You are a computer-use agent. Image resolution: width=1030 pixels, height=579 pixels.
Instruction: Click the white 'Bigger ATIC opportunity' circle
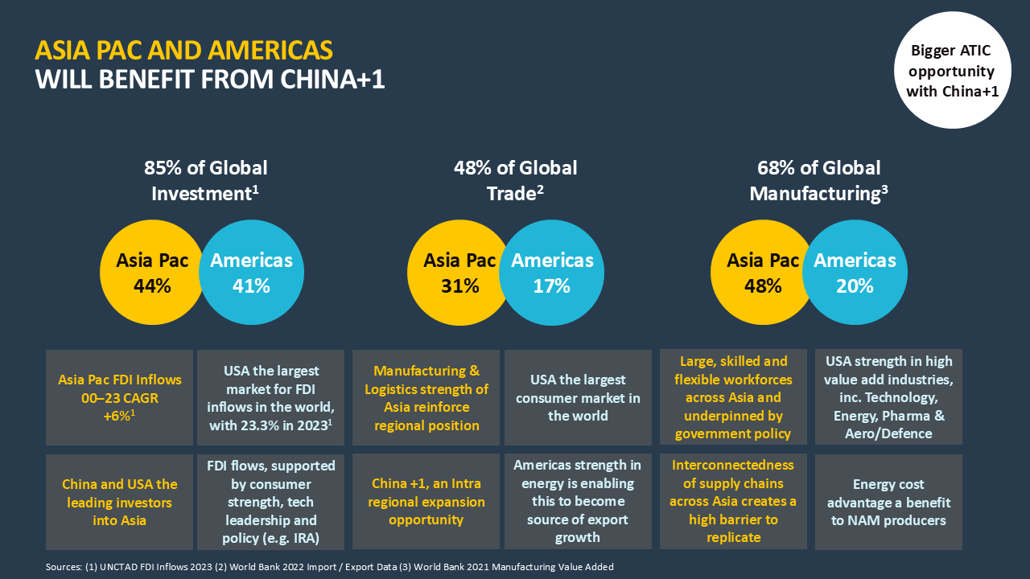click(x=952, y=71)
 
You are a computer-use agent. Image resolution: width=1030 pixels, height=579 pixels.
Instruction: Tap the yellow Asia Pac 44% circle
click(x=149, y=273)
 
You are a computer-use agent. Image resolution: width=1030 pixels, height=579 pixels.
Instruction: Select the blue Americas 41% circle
click(x=252, y=273)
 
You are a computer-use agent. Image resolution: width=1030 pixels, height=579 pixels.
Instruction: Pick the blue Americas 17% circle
click(x=553, y=273)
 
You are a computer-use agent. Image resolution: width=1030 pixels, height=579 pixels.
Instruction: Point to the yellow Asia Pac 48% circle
click(x=760, y=273)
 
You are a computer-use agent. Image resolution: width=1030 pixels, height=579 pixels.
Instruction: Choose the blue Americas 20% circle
click(x=855, y=273)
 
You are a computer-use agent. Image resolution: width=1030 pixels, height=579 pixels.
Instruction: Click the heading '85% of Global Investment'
click(x=206, y=180)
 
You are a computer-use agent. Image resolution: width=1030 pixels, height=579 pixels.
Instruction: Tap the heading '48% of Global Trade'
click(x=516, y=180)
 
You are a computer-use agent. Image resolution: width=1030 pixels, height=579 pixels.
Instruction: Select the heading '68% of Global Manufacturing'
click(x=819, y=180)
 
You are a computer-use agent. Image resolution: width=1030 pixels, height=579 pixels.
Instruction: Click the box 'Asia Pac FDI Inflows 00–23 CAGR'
click(x=119, y=397)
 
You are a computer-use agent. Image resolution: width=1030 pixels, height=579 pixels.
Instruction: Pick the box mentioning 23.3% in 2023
click(x=270, y=397)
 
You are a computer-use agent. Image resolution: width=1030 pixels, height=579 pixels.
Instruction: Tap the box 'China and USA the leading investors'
click(x=119, y=502)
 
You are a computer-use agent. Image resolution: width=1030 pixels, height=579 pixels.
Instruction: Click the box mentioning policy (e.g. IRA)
click(x=270, y=502)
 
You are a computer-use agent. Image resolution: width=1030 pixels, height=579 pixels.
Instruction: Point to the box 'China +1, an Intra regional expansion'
click(x=426, y=502)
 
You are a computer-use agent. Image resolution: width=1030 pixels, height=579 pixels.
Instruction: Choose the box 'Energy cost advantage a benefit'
click(x=888, y=502)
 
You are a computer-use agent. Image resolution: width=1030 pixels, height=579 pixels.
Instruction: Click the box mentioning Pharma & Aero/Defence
click(x=888, y=397)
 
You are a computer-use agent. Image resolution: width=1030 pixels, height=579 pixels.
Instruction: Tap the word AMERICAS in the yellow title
click(x=270, y=51)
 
